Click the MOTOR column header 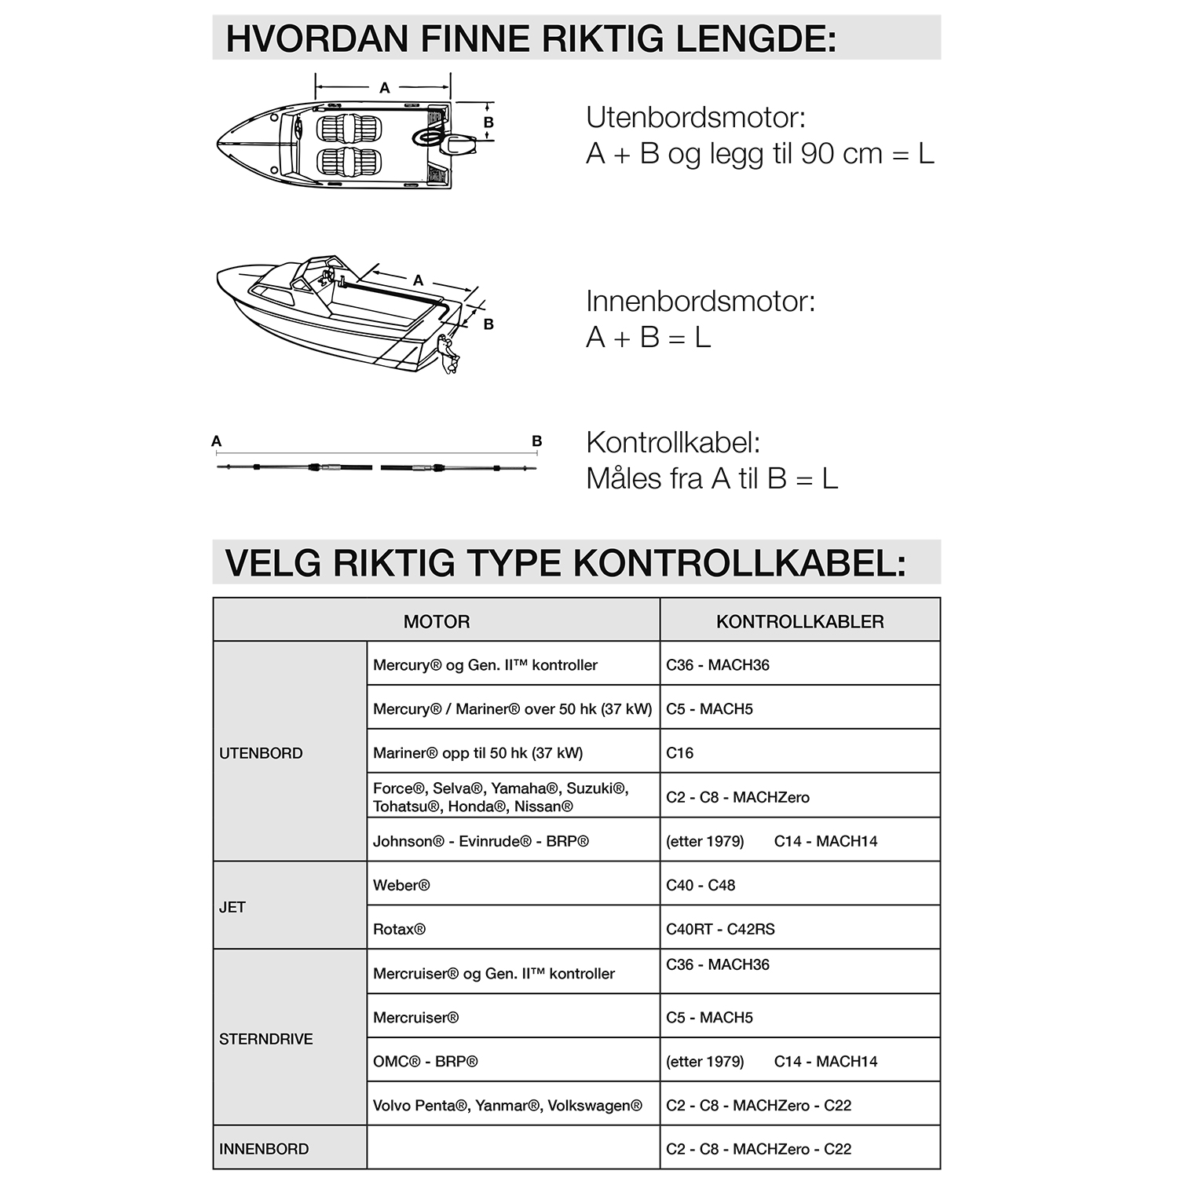(x=437, y=621)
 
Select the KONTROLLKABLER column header (x=799, y=621)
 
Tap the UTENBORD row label (x=261, y=753)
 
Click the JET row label (x=232, y=907)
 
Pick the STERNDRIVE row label (x=265, y=1039)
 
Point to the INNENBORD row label (x=264, y=1149)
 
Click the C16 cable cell (x=680, y=753)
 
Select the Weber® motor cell (x=401, y=885)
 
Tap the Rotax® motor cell (x=399, y=929)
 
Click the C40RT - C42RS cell (x=720, y=929)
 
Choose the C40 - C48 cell (x=701, y=885)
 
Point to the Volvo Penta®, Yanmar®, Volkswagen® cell (x=507, y=1105)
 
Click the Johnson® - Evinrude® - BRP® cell (x=481, y=841)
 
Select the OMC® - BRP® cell (x=425, y=1061)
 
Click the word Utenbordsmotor (x=696, y=118)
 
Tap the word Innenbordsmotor (x=701, y=301)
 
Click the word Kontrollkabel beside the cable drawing (x=673, y=442)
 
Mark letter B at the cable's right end (x=537, y=441)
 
